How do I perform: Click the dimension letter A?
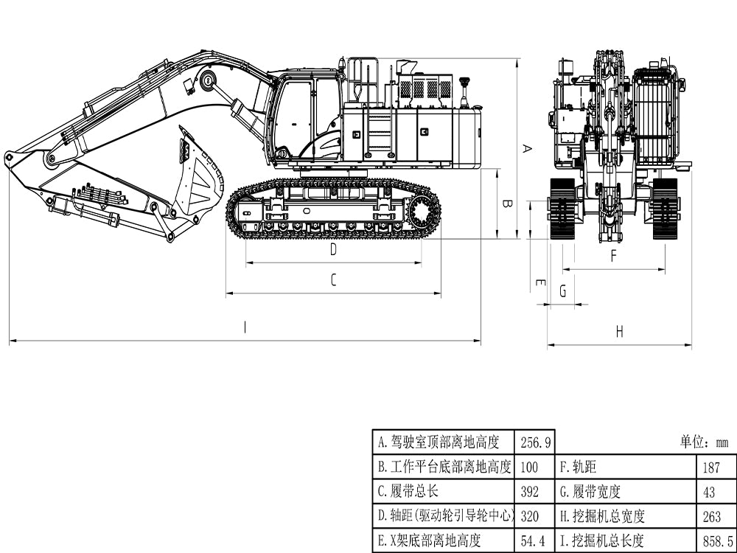pyautogui.click(x=526, y=148)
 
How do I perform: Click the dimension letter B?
pyautogui.click(x=506, y=204)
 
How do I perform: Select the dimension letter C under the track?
pyautogui.click(x=333, y=280)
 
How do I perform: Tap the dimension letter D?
pyautogui.click(x=333, y=250)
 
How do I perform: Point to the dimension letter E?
pyautogui.click(x=539, y=283)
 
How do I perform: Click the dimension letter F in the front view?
pyautogui.click(x=613, y=257)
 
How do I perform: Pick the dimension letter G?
pyautogui.click(x=563, y=291)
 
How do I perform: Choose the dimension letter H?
pyautogui.click(x=619, y=332)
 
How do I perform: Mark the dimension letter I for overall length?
pyautogui.click(x=245, y=328)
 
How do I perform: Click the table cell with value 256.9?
pyautogui.click(x=536, y=442)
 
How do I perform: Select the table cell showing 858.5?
pyautogui.click(x=717, y=542)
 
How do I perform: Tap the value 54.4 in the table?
pyautogui.click(x=534, y=542)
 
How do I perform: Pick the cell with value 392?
pyautogui.click(x=530, y=492)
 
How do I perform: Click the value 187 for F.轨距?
pyautogui.click(x=711, y=467)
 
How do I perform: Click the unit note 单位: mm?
pyautogui.click(x=703, y=442)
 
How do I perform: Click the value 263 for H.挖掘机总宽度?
pyautogui.click(x=712, y=516)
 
